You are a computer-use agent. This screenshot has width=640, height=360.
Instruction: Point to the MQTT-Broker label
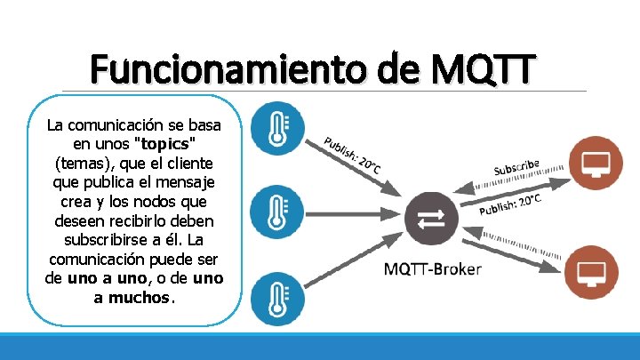(432, 268)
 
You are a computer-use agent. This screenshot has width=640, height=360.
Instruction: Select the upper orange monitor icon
(593, 163)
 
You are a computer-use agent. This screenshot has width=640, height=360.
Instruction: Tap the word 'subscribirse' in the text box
(105, 240)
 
